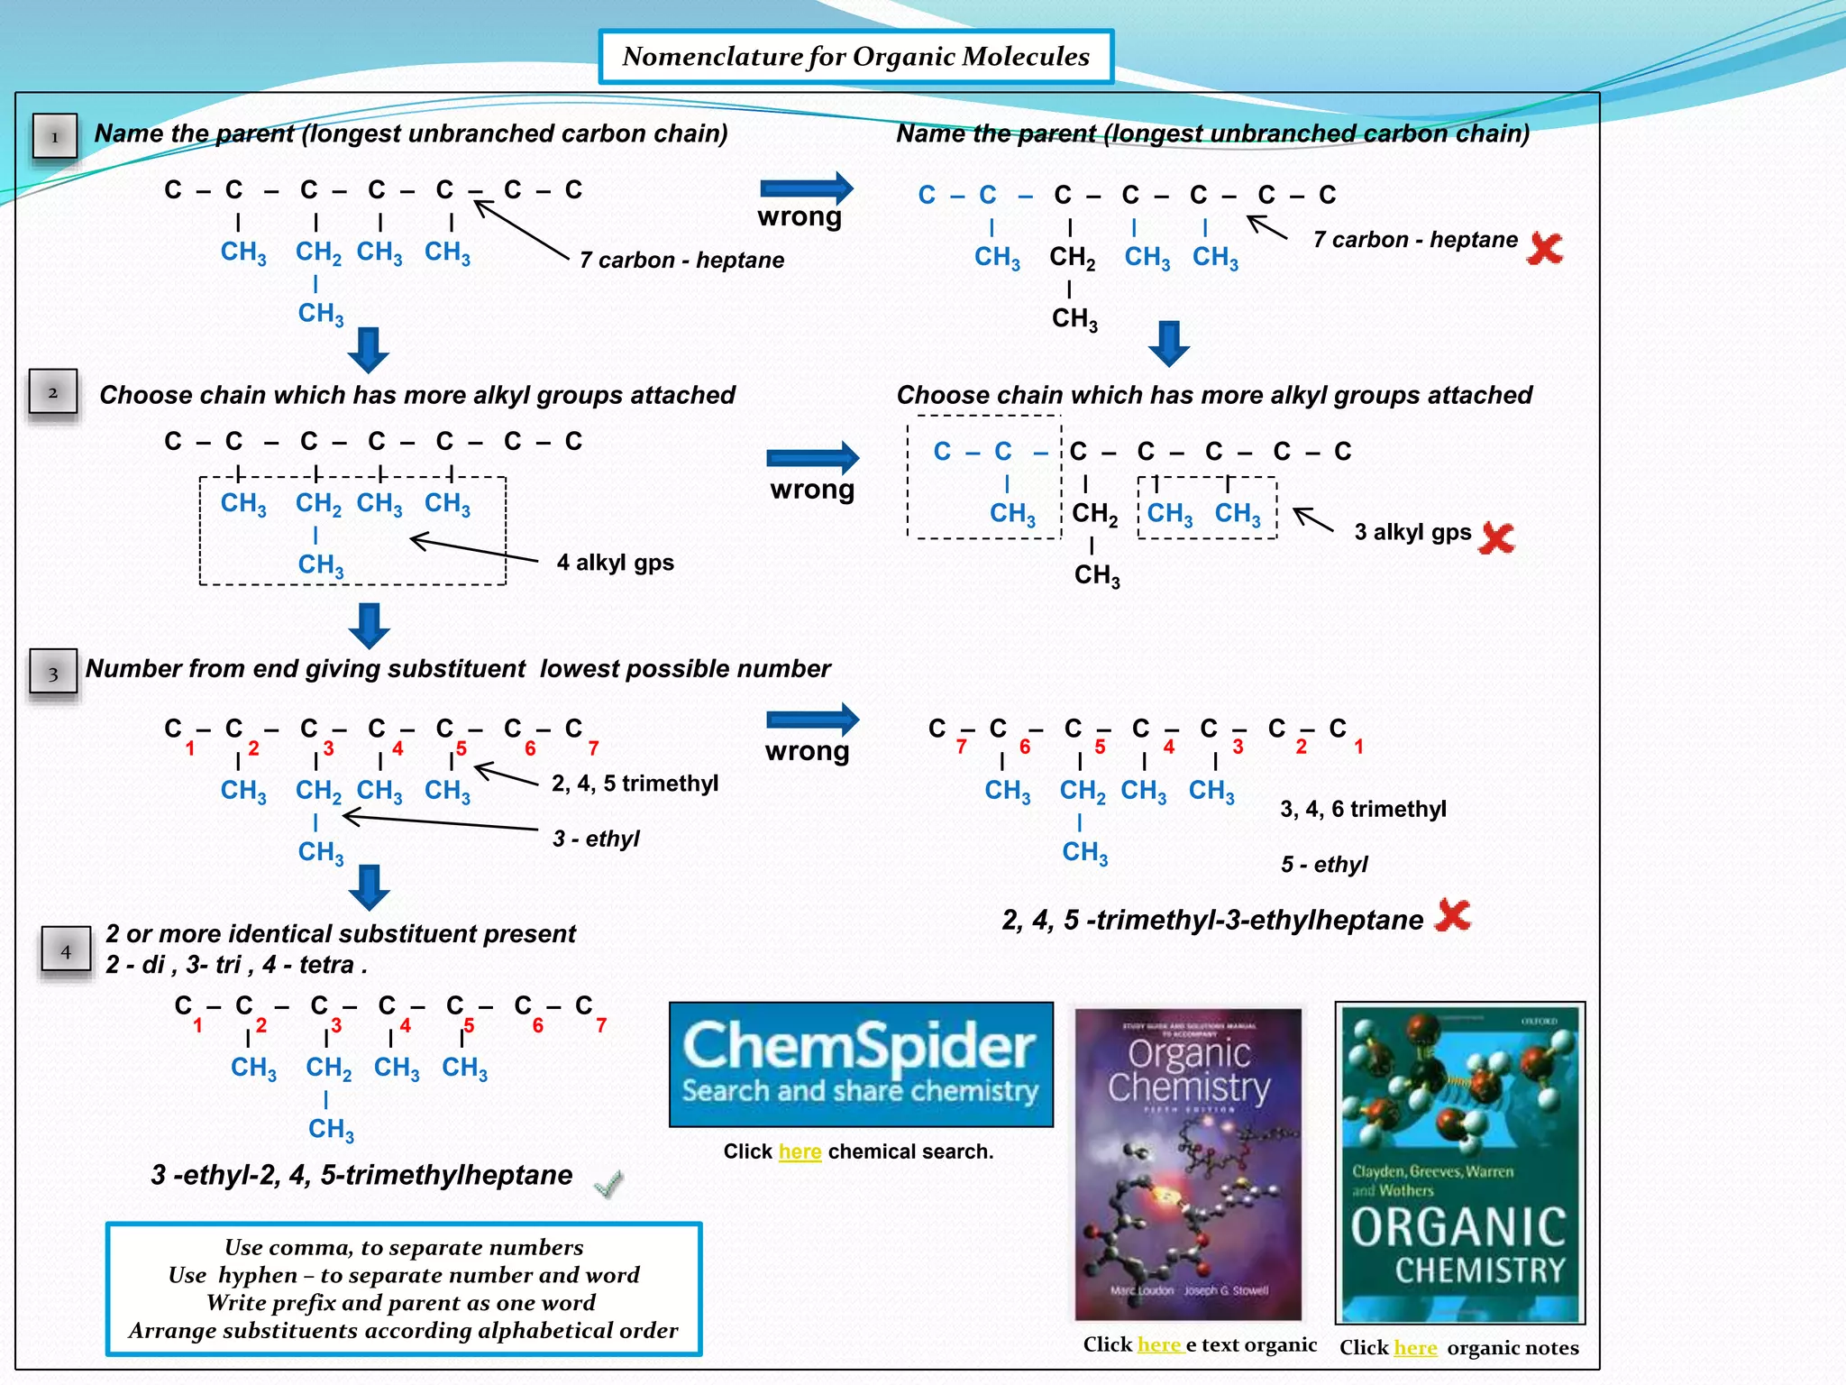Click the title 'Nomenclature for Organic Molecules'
855,57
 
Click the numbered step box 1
55,137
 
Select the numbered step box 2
53,392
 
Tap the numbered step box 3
53,673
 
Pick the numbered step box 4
66,950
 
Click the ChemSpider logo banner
861,1064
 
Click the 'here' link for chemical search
800,1151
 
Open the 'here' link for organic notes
1415,1347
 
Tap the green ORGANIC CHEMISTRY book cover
1459,1163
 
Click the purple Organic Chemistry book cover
1188,1163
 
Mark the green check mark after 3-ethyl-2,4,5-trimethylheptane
609,1182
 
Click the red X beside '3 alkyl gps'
1496,537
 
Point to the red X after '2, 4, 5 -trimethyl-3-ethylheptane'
1453,915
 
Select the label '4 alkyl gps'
615,563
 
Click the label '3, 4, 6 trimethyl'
1363,809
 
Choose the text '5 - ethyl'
1324,865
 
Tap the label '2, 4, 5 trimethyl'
635,783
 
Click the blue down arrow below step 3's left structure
369,887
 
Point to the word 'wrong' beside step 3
807,751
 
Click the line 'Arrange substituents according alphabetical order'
403,1330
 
